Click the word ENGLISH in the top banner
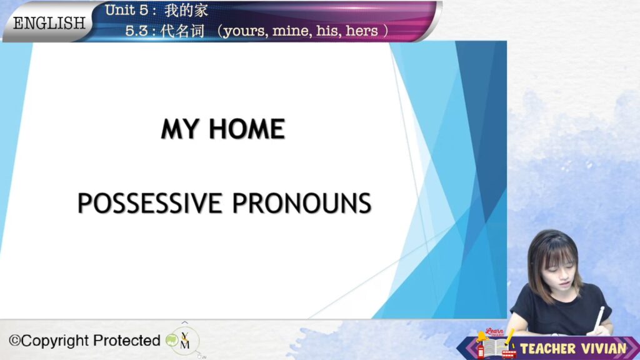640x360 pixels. point(49,23)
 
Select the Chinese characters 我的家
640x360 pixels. point(186,10)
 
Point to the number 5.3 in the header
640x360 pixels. point(137,31)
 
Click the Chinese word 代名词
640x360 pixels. point(182,31)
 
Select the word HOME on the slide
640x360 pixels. point(247,129)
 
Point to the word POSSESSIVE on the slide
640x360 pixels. point(150,203)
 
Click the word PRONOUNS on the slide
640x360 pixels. point(302,203)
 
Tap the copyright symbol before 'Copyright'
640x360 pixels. point(15,341)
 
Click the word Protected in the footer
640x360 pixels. point(126,341)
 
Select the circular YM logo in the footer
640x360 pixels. point(185,341)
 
